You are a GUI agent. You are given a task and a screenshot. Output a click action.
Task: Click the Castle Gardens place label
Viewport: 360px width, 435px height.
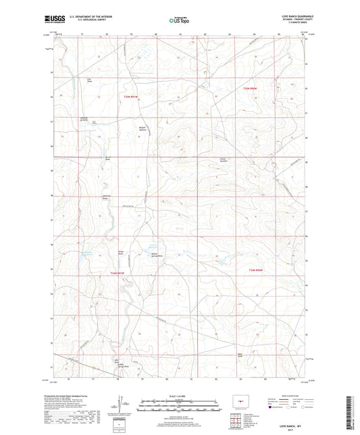[x=224, y=160]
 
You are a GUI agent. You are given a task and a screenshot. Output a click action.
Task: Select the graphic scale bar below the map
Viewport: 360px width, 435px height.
[x=180, y=407]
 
